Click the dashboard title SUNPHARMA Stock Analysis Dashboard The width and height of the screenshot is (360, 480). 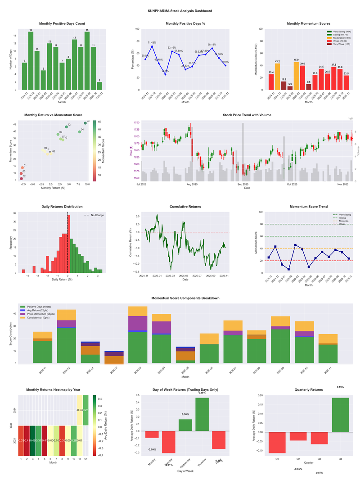point(180,10)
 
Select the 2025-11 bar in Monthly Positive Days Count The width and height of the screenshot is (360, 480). point(99,86)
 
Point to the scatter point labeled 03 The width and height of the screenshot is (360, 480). point(85,123)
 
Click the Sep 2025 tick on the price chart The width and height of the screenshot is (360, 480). point(243,184)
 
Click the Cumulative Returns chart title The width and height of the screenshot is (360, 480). point(185,206)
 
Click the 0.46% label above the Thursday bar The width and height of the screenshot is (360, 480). point(202,393)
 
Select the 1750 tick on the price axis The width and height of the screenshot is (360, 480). point(136,122)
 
